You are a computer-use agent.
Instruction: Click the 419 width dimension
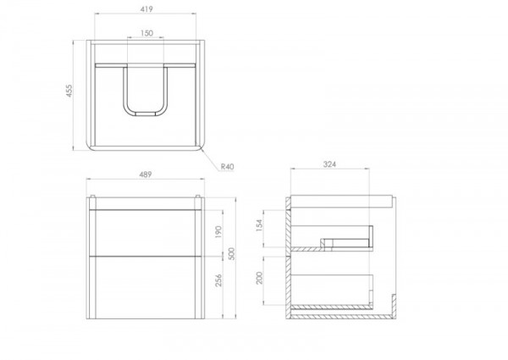point(146,9)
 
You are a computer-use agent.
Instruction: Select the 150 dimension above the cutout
point(146,33)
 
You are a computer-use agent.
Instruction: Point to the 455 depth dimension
point(69,91)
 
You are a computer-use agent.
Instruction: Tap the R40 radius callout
point(227,167)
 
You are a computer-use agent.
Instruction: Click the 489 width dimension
point(146,174)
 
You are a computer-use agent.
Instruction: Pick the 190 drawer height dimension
point(218,232)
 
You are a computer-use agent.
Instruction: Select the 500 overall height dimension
point(231,254)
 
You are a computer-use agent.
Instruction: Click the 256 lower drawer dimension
point(218,280)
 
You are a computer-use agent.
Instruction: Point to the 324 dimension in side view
point(329,164)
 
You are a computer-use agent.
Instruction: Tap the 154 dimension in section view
point(259,225)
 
